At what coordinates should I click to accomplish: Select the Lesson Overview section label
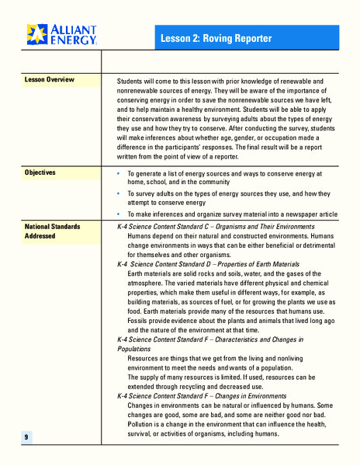coord(50,80)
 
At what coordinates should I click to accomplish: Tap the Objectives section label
coord(40,172)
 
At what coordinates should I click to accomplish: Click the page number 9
coord(26,438)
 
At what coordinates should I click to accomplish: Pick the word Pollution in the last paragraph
coord(144,425)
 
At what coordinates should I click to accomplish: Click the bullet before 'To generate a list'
coord(118,174)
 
